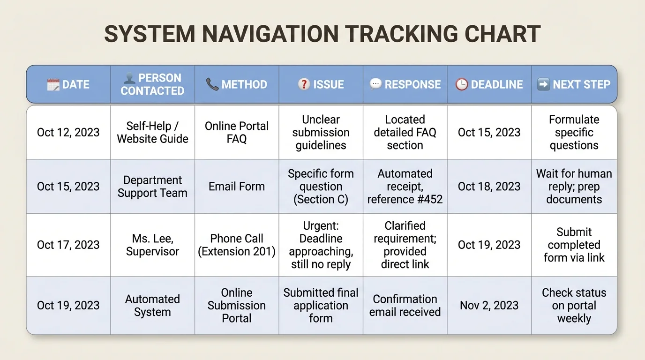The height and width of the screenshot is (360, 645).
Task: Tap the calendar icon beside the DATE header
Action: [53, 84]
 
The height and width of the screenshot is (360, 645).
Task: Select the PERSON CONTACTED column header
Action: [152, 84]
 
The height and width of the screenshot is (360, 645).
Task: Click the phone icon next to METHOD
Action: [212, 84]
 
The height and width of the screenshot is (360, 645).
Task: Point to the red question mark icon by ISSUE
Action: [304, 84]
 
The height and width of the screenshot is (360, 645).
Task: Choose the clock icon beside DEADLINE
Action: [462, 84]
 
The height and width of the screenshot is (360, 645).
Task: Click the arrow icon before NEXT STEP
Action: [543, 84]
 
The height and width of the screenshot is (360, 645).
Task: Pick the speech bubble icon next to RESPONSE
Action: [375, 84]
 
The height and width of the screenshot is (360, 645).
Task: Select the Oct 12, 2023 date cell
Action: [68, 132]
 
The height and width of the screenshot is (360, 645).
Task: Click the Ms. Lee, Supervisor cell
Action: [152, 245]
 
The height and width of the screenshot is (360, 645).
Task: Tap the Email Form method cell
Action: [237, 187]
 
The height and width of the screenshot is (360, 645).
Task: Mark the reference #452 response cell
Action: [405, 187]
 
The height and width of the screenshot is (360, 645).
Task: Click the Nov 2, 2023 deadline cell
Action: [489, 306]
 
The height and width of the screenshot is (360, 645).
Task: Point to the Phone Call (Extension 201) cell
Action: [237, 245]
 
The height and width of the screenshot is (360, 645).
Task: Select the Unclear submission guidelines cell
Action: [321, 132]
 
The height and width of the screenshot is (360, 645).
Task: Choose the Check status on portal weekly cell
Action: [574, 306]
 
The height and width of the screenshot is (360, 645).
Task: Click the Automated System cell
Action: [152, 306]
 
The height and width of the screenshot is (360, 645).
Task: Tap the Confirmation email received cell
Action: [405, 306]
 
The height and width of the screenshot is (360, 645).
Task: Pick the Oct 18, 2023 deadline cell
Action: [489, 187]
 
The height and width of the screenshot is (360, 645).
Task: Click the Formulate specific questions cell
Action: [574, 132]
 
